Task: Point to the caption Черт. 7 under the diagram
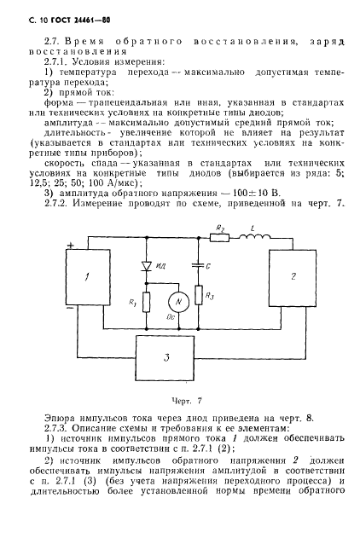point(179,398)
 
